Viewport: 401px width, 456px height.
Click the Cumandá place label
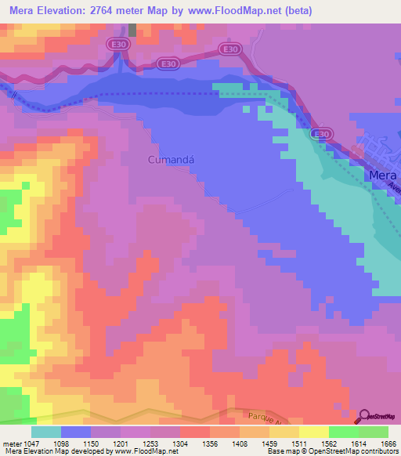pyautogui.click(x=170, y=160)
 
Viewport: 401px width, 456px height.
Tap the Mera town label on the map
pyautogui.click(x=382, y=176)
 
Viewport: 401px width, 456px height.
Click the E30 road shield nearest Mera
pyautogui.click(x=320, y=135)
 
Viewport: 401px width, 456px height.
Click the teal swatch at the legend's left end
pyautogui.click(x=46, y=432)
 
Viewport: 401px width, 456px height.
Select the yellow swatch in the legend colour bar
pyautogui.click(x=313, y=432)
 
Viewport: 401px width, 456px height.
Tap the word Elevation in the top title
pyautogui.click(x=67, y=11)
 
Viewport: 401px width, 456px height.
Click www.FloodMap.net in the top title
pyautogui.click(x=255, y=11)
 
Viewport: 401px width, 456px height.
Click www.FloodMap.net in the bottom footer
pyautogui.click(x=148, y=451)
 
